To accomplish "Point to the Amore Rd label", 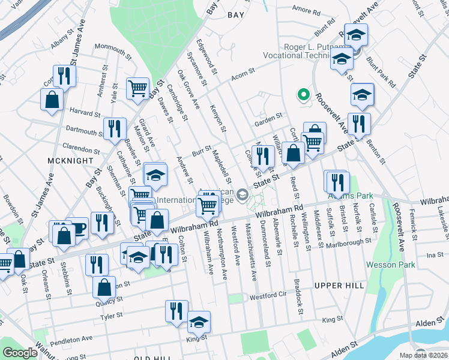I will pyautogui.click(x=306, y=10).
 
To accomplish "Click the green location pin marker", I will pyautogui.click(x=304, y=95).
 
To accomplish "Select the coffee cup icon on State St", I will pyautogui.click(x=77, y=227).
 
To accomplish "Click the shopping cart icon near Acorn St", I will pyautogui.click(x=138, y=88).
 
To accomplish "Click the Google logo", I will pyautogui.click(x=20, y=353).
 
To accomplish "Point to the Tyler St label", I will pyautogui.click(x=111, y=314).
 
